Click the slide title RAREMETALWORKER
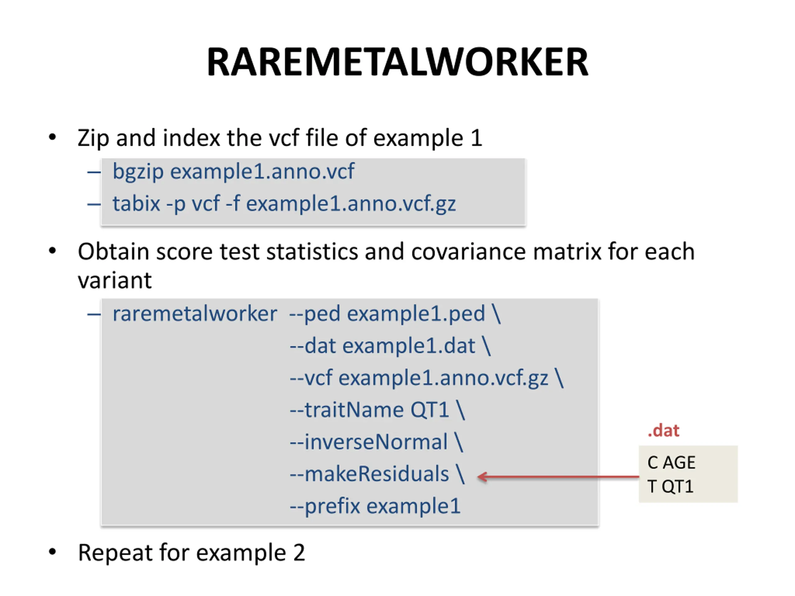coord(397,62)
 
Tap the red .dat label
coord(663,430)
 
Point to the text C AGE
coord(671,462)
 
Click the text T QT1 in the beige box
coord(670,486)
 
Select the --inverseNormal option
coord(369,442)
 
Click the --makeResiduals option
coord(370,474)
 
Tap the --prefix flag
coord(325,506)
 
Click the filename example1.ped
coord(416,314)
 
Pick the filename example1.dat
coord(409,346)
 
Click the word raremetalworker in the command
coord(195,314)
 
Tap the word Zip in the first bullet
coord(93,138)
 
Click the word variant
coord(115,280)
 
